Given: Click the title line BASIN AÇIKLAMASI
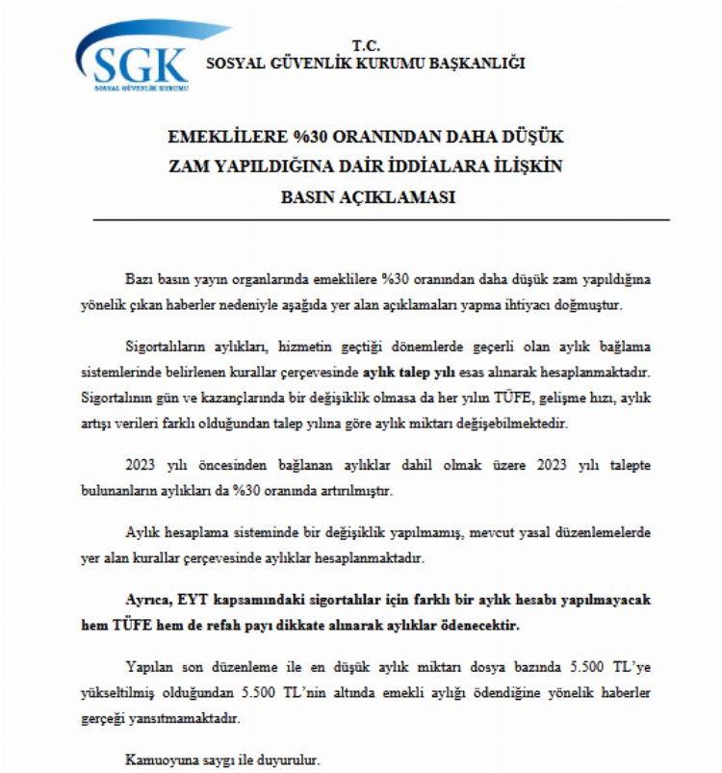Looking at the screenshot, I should click(x=366, y=196).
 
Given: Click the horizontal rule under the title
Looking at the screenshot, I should click(x=380, y=220).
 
